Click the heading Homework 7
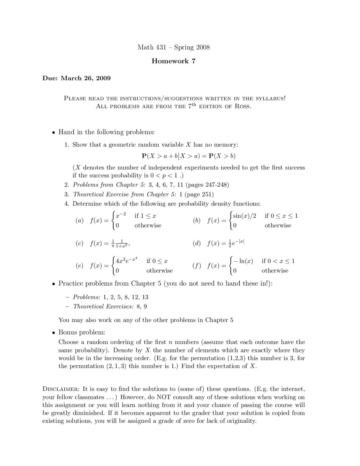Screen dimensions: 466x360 (x=174, y=61)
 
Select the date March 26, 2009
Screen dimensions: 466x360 (x=86, y=78)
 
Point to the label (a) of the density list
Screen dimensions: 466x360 (x=80, y=221)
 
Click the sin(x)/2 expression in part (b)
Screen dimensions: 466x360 (x=245, y=216)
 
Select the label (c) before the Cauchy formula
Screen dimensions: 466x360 (x=80, y=243)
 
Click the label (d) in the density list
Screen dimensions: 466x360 (x=197, y=243)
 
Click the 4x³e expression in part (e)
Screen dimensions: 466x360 (x=126, y=261)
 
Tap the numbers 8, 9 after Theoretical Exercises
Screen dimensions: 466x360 (x=142, y=307)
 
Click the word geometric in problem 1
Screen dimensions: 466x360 (x=123, y=145)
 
